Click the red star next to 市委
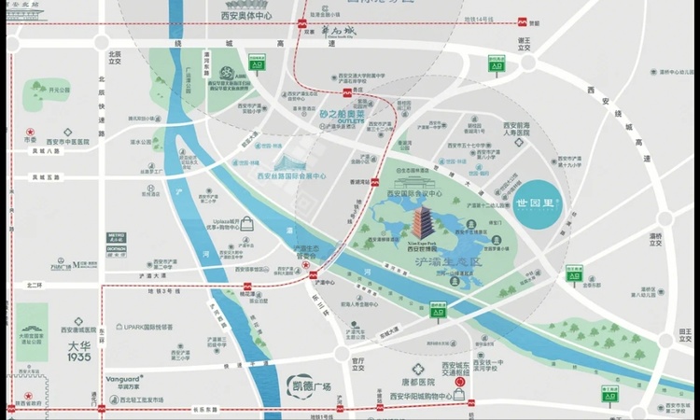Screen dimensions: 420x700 [x=30, y=131]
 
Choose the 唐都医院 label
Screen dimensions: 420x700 [x=418, y=383]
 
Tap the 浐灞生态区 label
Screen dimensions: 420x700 [x=447, y=264]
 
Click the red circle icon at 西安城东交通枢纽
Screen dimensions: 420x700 [x=459, y=383]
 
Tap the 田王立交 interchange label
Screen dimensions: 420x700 [x=685, y=337]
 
